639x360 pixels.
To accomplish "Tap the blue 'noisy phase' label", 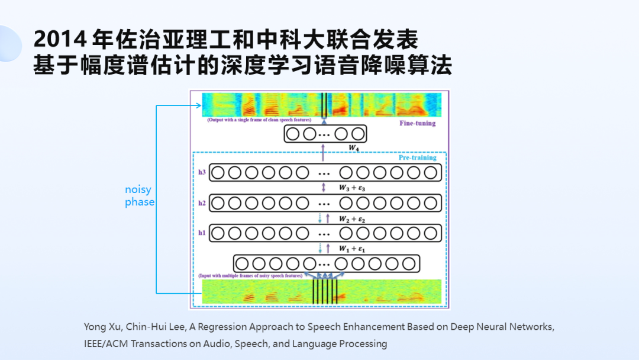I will (x=140, y=196).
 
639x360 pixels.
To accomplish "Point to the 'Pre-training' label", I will (x=417, y=157).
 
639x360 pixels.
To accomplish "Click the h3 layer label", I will (x=202, y=172).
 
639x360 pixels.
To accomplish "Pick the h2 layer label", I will (x=202, y=203).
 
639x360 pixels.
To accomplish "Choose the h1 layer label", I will (x=202, y=233).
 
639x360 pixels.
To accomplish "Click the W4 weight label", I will (x=354, y=146).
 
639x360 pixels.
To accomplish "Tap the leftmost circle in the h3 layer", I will (x=218, y=172).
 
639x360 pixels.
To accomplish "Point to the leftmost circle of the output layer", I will (x=293, y=134).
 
